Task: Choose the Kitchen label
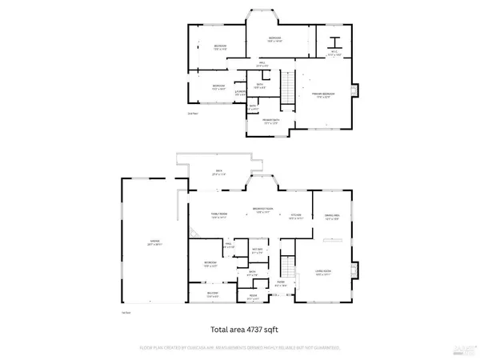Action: pos(294,216)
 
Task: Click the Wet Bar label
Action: pos(258,252)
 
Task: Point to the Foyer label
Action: pos(281,283)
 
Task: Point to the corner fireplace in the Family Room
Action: pos(194,234)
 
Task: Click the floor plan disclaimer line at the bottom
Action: pos(240,348)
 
